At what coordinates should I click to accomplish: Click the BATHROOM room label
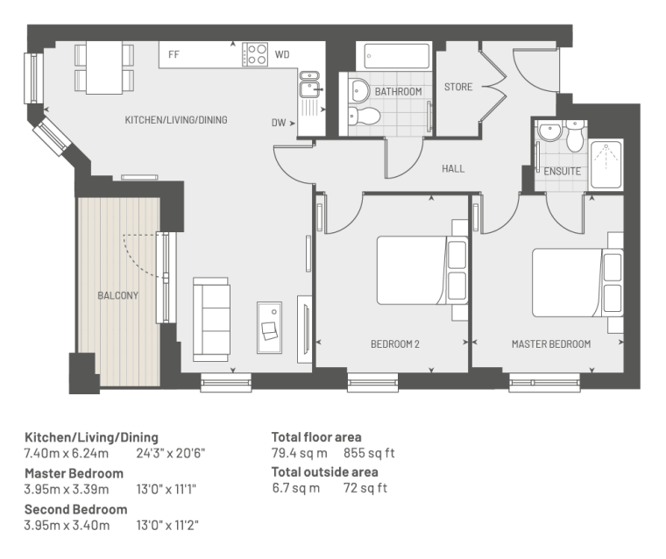398,91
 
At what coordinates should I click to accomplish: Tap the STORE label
457,87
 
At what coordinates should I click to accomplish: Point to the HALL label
453,168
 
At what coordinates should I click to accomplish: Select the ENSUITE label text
562,171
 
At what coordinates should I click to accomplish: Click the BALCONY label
117,295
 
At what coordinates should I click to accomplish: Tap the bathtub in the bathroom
397,56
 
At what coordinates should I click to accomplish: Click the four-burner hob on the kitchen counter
255,54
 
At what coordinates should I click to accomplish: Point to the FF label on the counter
174,54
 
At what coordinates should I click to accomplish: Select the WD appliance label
282,54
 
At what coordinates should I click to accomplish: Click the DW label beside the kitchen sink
279,123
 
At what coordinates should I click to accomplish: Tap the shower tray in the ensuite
606,165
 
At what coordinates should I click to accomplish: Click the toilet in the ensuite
575,136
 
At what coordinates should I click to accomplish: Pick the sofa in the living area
211,320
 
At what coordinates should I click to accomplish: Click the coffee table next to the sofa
269,328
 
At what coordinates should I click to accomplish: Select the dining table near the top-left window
104,67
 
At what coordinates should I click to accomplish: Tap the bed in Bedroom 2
422,270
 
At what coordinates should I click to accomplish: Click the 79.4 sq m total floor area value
300,453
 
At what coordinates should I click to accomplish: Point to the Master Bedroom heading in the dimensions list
74,473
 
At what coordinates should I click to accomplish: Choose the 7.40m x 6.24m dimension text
67,453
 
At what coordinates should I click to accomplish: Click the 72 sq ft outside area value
365,488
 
